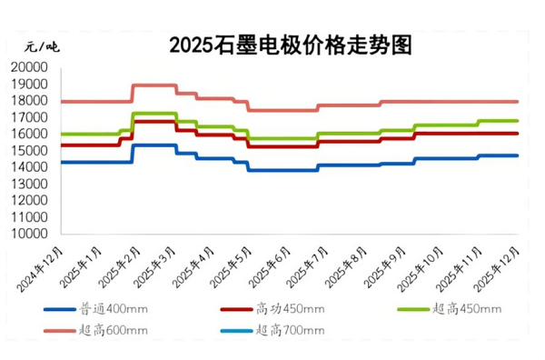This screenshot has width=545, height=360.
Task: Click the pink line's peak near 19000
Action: (x=154, y=85)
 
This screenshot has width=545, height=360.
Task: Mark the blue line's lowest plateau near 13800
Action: (x=282, y=170)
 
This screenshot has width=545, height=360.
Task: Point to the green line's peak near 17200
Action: (x=154, y=114)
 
